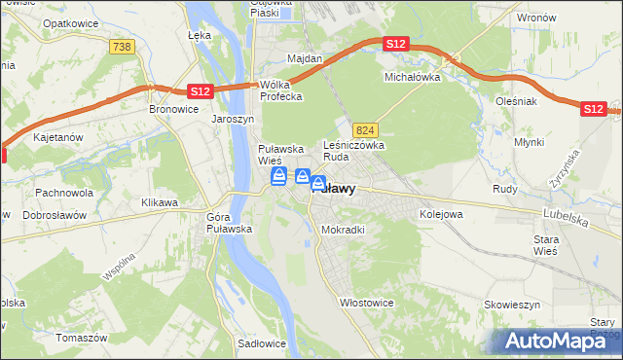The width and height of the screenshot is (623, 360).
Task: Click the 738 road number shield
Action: [x=122, y=47]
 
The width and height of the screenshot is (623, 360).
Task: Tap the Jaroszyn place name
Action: [x=233, y=120]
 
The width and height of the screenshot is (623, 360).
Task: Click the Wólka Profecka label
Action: [x=280, y=90]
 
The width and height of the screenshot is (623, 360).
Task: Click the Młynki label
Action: [x=529, y=141]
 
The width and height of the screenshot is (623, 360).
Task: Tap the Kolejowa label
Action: [x=440, y=213]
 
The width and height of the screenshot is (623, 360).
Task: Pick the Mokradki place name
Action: [x=343, y=231]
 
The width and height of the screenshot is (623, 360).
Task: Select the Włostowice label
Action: [x=366, y=303]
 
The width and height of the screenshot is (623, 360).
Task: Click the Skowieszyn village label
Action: [x=513, y=305]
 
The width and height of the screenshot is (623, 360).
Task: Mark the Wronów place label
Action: [x=536, y=18]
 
